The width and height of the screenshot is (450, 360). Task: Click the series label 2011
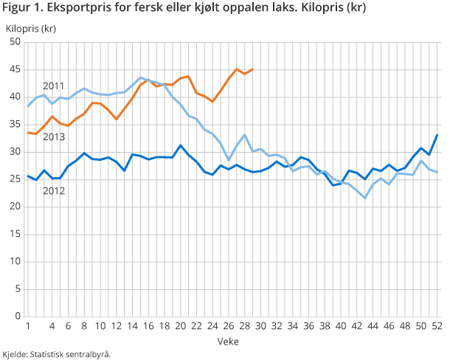[x=53, y=85]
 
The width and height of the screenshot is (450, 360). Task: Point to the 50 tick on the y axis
[x=14, y=42]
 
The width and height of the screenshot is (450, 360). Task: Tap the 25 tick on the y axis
[x=14, y=179]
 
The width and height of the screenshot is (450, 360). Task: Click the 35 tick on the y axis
[x=14, y=125]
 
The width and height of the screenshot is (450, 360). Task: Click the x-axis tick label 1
[x=27, y=325]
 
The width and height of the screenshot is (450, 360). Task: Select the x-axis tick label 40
[x=342, y=325]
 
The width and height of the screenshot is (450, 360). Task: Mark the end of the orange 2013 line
[x=253, y=69]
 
